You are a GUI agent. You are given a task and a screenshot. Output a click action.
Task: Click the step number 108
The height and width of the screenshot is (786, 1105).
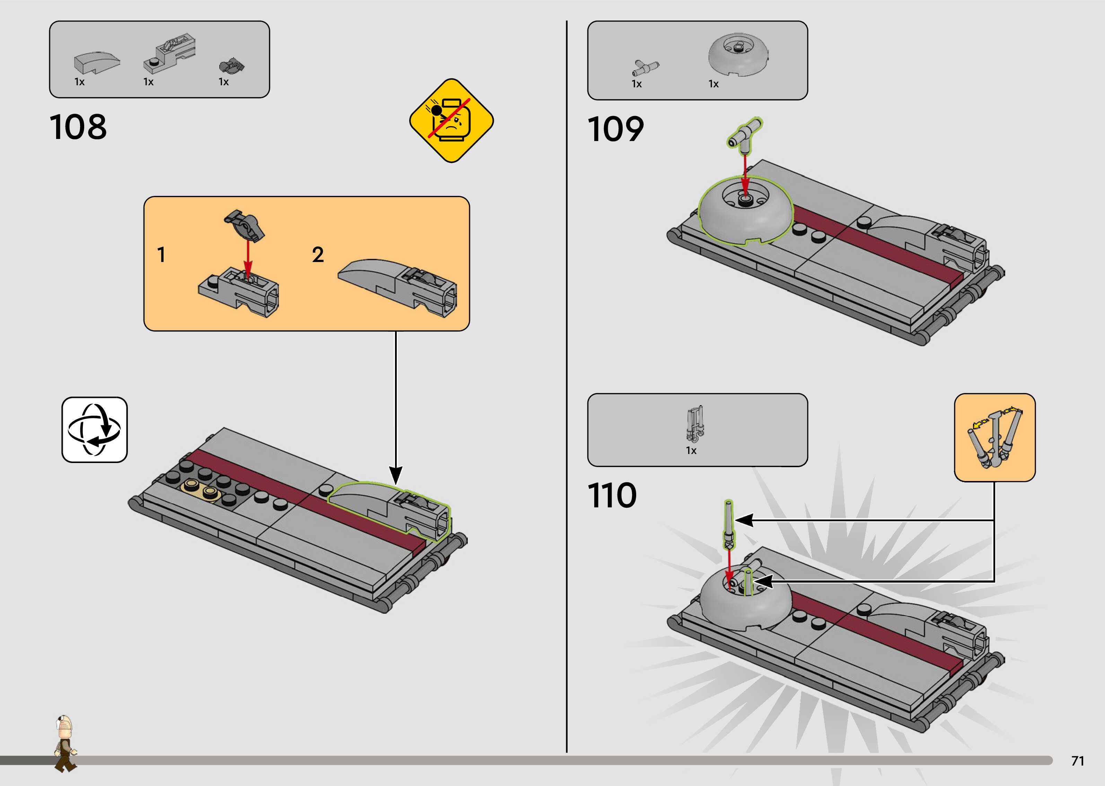78,127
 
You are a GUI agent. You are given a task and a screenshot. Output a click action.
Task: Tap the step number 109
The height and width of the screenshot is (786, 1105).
615,129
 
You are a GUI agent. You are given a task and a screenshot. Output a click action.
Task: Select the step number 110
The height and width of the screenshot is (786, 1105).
612,496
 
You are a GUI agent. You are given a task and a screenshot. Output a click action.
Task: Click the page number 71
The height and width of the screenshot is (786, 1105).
1077,761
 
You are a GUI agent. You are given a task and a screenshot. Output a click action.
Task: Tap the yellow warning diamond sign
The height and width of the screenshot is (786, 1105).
451,121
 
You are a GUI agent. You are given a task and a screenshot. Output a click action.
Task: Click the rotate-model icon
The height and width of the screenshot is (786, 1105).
95,430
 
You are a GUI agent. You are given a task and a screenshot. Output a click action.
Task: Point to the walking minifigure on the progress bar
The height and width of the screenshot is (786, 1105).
65,743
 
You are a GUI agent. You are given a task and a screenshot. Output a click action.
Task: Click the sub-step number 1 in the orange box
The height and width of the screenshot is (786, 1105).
161,255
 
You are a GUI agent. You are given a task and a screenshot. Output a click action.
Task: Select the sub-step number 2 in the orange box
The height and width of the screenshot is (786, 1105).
317,255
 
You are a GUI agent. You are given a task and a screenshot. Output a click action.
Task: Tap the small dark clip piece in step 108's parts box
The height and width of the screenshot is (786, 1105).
232,66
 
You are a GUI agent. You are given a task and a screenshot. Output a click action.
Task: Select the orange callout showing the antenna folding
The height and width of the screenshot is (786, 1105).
995,437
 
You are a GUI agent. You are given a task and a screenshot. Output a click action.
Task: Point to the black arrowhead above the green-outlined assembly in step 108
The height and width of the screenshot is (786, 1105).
396,475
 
